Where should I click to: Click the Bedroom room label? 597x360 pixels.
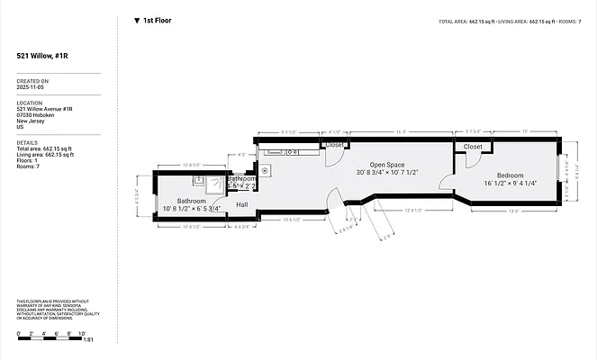click(510, 175)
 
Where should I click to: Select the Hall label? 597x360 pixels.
click(242, 204)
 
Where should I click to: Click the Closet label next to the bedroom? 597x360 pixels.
click(473, 146)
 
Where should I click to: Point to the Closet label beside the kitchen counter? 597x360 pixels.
click(334, 144)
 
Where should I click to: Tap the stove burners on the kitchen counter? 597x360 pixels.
click(267, 169)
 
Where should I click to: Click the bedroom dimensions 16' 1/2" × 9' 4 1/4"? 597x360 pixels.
click(511, 183)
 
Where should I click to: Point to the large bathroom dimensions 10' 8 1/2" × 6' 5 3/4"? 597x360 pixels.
click(191, 209)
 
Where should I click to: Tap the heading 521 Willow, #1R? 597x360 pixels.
click(41, 56)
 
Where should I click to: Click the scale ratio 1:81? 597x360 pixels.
click(87, 340)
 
